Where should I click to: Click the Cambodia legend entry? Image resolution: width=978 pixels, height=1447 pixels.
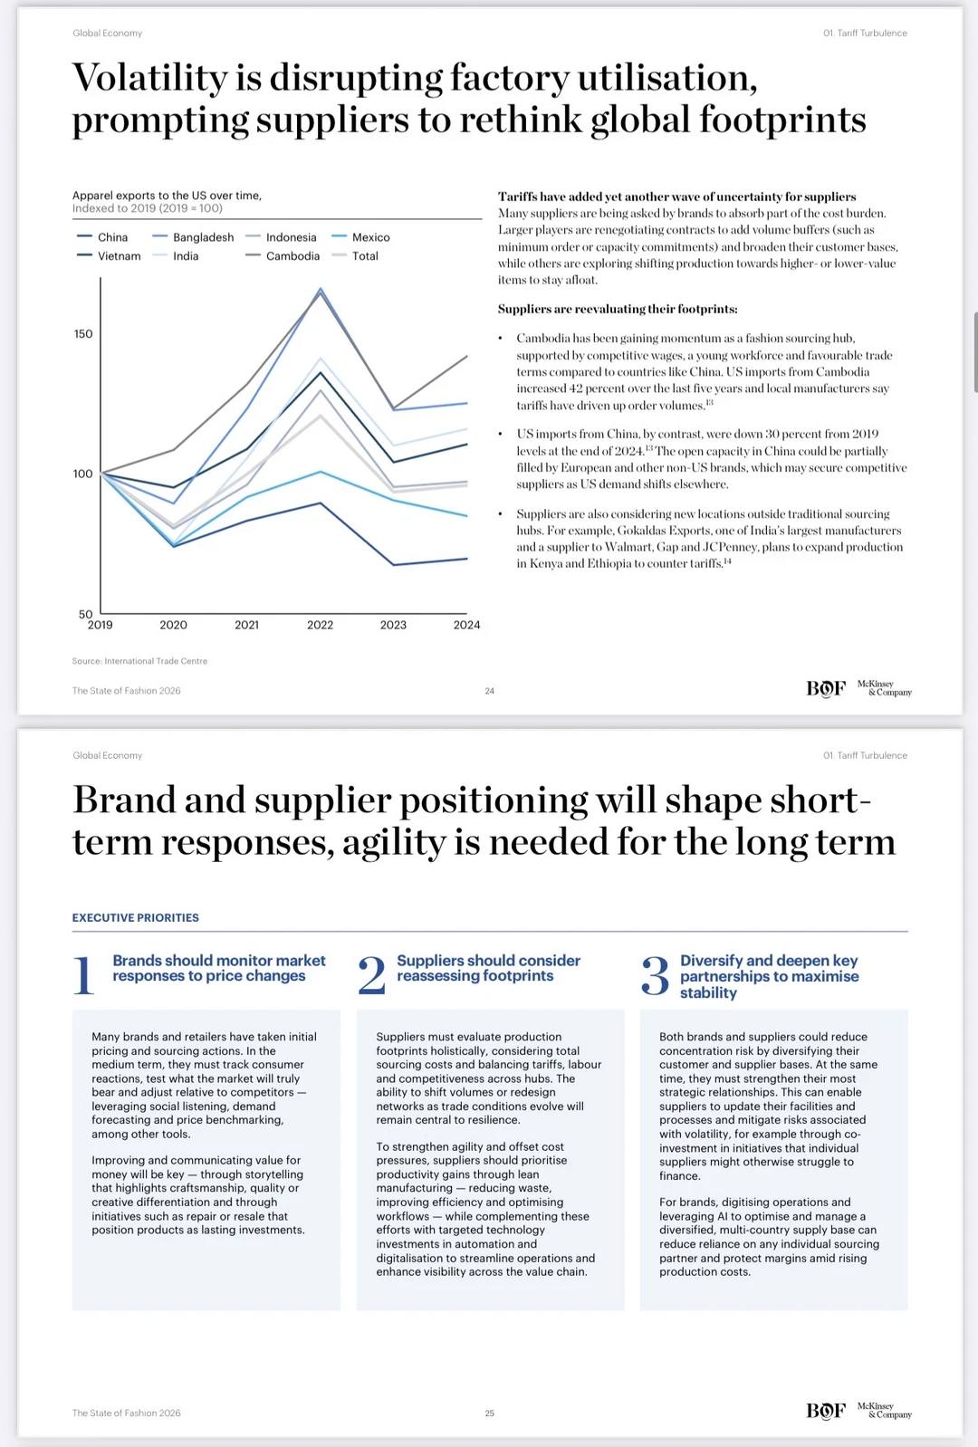[x=292, y=256]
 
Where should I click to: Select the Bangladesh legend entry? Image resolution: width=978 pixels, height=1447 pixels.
[x=202, y=237]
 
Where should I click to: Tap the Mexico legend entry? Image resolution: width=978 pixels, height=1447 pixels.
[x=369, y=237]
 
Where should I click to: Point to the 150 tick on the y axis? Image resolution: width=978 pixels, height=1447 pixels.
[x=83, y=334]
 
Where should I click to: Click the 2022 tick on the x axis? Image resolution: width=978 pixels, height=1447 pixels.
[x=320, y=625]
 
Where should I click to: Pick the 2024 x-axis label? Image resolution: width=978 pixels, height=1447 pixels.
[x=466, y=625]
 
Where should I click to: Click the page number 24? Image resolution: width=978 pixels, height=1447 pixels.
[x=490, y=691]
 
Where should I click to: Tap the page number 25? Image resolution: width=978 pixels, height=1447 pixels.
[x=490, y=1413]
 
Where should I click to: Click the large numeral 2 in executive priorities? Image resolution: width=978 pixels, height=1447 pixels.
[x=371, y=976]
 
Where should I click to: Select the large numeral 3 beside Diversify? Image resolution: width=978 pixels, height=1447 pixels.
[x=655, y=976]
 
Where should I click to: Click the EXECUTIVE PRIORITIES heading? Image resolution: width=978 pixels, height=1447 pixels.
[x=136, y=917]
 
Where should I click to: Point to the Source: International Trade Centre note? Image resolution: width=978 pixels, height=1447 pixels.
[x=139, y=661]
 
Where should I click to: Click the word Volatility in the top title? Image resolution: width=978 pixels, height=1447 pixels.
[x=150, y=78]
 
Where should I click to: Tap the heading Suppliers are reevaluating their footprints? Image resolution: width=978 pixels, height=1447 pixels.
[x=618, y=309]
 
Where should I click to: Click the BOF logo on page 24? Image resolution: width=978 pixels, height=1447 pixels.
[x=825, y=689]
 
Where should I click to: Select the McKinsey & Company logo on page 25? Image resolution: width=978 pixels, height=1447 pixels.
[x=885, y=1411]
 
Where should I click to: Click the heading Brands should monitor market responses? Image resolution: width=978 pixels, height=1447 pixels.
[x=218, y=968]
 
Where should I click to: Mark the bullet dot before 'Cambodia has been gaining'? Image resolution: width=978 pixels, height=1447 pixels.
[x=501, y=339]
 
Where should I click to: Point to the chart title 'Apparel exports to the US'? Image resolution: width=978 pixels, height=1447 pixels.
[x=167, y=196]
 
